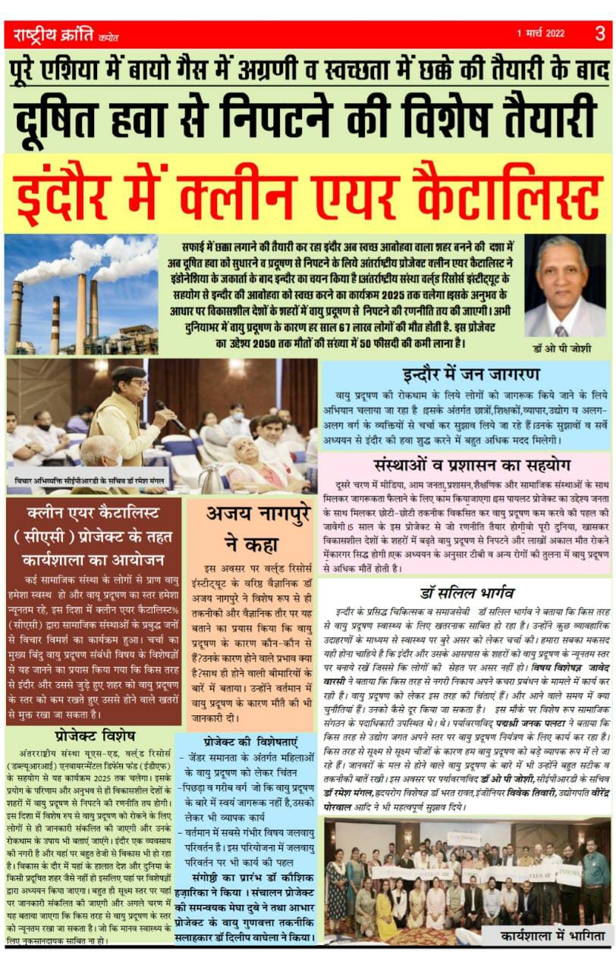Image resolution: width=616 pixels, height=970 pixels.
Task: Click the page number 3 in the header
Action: coord(599,33)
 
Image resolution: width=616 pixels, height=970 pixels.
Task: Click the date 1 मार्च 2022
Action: coord(541,34)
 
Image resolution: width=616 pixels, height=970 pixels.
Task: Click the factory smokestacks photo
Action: coord(81,294)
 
